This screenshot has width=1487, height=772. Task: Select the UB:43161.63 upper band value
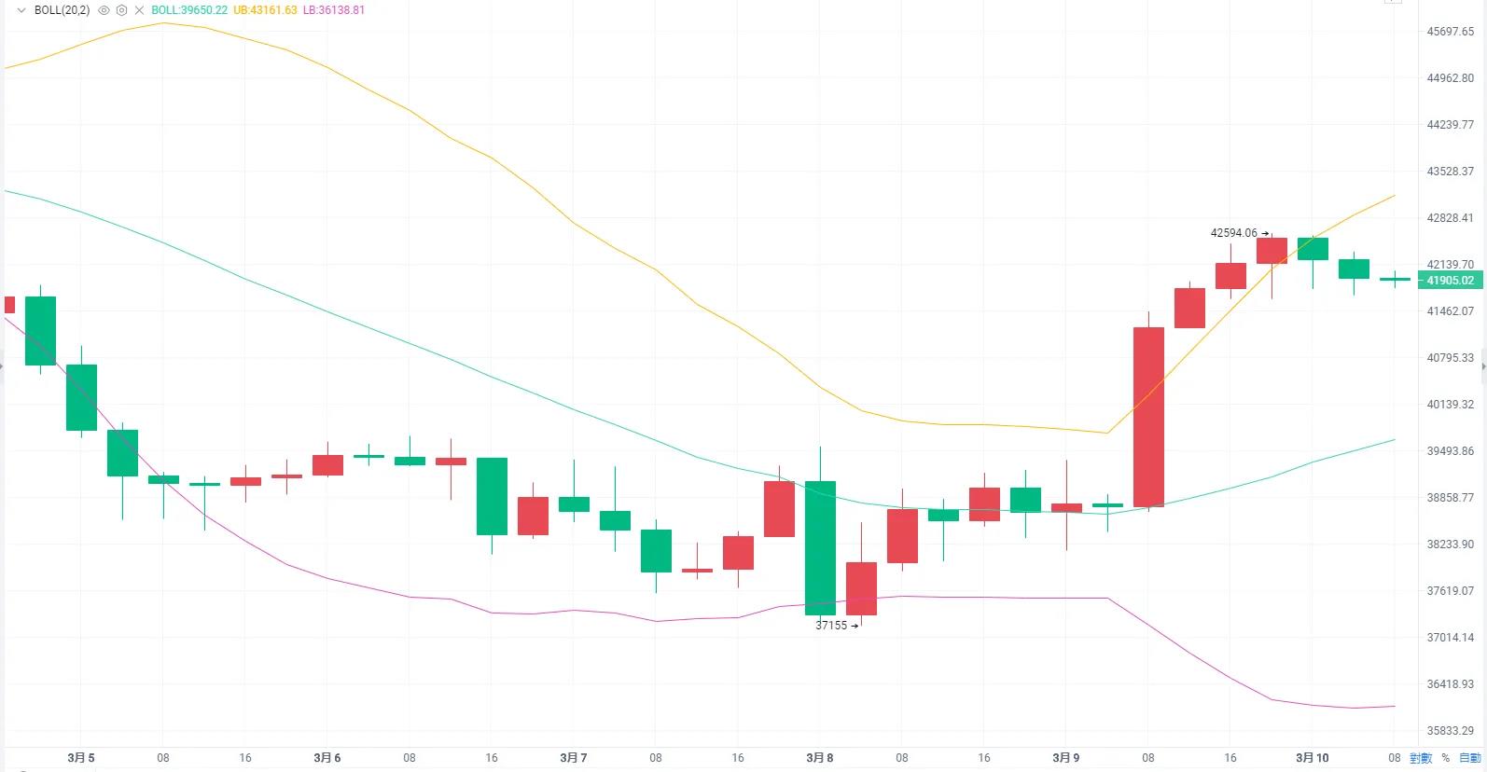click(265, 10)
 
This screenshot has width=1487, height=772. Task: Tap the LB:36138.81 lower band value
click(334, 10)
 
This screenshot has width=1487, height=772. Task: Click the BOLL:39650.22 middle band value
click(189, 10)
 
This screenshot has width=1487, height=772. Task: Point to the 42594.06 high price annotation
click(1233, 233)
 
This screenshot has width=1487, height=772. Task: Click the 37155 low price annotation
click(831, 626)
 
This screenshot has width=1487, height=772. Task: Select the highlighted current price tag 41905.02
click(1450, 281)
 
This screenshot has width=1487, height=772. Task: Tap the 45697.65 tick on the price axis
click(1450, 32)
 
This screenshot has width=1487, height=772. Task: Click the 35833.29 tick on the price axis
click(1450, 731)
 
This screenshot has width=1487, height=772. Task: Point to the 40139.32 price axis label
click(1450, 405)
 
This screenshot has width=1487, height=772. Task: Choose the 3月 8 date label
click(820, 758)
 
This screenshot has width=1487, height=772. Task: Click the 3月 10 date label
click(1312, 758)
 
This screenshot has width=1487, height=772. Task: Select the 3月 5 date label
click(81, 758)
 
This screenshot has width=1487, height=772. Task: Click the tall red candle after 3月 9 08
click(1148, 417)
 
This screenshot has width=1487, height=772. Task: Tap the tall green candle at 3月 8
click(820, 547)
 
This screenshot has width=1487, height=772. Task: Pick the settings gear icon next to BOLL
click(121, 10)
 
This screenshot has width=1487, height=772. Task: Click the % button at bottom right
click(1446, 758)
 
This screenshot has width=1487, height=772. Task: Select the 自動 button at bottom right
click(1469, 758)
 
